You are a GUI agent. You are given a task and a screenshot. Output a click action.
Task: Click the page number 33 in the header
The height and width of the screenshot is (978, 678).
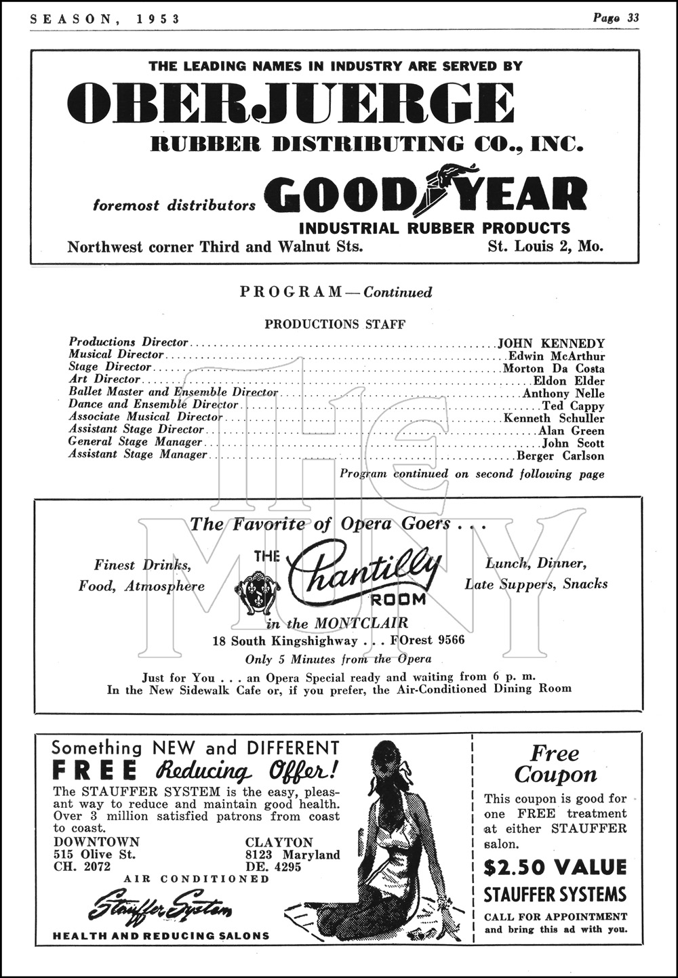click(632, 18)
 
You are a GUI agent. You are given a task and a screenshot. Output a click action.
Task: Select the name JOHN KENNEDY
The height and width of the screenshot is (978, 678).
click(551, 344)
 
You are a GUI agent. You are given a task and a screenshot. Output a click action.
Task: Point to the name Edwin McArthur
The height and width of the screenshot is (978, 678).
click(556, 356)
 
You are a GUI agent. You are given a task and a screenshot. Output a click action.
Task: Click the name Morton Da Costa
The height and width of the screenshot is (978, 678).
click(553, 369)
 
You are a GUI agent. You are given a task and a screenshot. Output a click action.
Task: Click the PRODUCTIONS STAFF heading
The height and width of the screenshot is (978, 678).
click(335, 324)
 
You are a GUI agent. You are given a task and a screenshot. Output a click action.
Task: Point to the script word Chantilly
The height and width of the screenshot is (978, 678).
click(365, 573)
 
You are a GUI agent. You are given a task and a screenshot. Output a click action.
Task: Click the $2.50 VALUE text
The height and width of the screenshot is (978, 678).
click(555, 867)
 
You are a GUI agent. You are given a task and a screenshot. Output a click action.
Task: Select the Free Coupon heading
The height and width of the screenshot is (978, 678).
click(555, 764)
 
